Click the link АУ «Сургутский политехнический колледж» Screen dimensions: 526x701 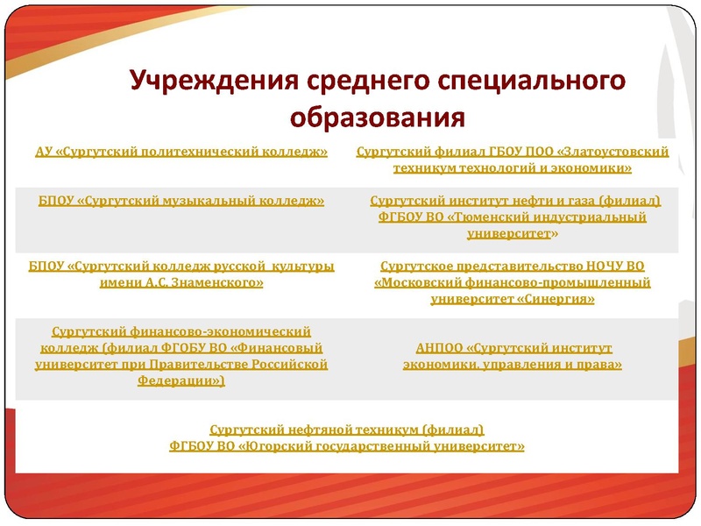(181, 152)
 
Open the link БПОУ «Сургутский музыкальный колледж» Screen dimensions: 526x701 (181, 201)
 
